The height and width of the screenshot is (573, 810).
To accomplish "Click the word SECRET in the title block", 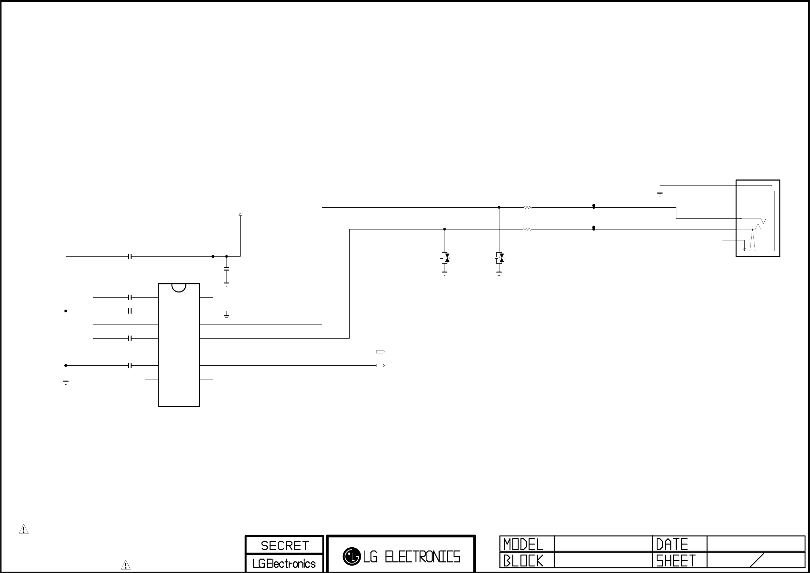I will [x=284, y=546].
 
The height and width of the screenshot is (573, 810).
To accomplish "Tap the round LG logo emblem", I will [x=351, y=556].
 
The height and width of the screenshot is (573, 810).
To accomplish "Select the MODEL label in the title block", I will [x=523, y=544].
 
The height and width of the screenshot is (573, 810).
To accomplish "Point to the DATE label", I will [x=672, y=544].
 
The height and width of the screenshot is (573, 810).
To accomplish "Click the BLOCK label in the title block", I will [x=523, y=561].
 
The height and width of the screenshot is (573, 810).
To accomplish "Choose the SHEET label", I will [x=676, y=561].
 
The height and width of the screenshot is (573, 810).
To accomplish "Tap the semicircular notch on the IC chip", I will [x=179, y=288].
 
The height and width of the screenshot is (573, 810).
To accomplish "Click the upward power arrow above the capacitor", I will [x=240, y=214].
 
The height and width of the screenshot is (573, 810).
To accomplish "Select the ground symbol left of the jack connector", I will [x=660, y=194].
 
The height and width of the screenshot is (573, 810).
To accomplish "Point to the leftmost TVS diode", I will [x=445, y=258].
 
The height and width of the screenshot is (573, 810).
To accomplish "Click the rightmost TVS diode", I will [x=499, y=258].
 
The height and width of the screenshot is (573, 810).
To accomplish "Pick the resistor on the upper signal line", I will [x=528, y=208].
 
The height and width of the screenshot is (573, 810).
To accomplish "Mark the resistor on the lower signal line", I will [x=527, y=229].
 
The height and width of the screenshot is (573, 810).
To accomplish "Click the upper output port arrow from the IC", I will [x=380, y=352].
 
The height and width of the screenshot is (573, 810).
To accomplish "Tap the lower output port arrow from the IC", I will [x=380, y=365].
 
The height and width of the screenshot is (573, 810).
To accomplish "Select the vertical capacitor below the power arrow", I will [x=227, y=269].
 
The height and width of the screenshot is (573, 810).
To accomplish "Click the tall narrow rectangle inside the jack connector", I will [x=772, y=221].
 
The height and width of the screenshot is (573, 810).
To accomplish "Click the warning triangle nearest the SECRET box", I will [x=126, y=565].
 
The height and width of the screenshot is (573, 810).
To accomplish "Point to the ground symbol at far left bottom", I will [x=66, y=382].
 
